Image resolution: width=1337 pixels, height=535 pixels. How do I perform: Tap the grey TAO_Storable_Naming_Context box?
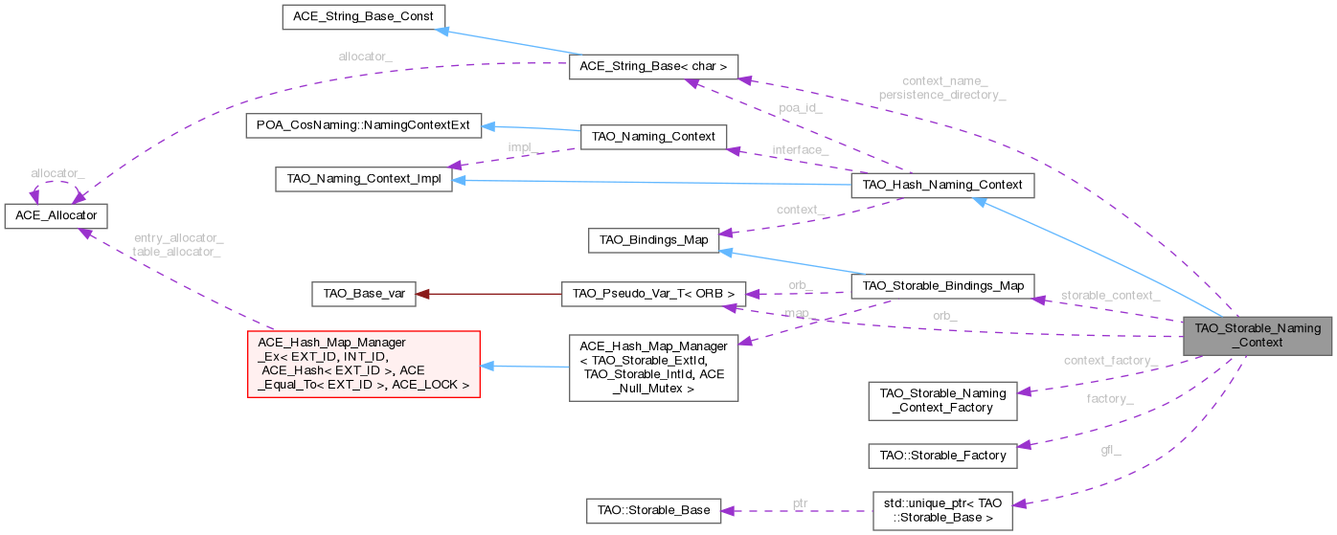[x=1257, y=335]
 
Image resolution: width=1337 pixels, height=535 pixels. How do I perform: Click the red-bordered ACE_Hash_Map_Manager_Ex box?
[x=363, y=364]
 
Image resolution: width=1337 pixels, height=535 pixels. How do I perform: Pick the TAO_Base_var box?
[x=363, y=294]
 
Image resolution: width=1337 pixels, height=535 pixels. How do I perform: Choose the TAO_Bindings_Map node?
[x=654, y=239]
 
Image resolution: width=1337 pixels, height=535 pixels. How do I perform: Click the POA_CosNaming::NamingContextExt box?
[x=363, y=126]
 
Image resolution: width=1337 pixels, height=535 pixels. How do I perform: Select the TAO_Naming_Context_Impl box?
[x=363, y=180]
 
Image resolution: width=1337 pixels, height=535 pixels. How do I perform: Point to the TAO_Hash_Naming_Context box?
[x=942, y=185]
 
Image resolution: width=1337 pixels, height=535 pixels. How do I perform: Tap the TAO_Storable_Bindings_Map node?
[x=942, y=285]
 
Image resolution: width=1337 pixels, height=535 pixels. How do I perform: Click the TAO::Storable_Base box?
[x=654, y=510]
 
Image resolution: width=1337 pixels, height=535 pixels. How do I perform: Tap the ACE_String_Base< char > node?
[x=654, y=67]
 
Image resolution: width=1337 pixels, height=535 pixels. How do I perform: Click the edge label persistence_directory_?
[x=942, y=96]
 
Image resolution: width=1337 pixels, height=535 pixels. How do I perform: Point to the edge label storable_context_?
[x=1110, y=296]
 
